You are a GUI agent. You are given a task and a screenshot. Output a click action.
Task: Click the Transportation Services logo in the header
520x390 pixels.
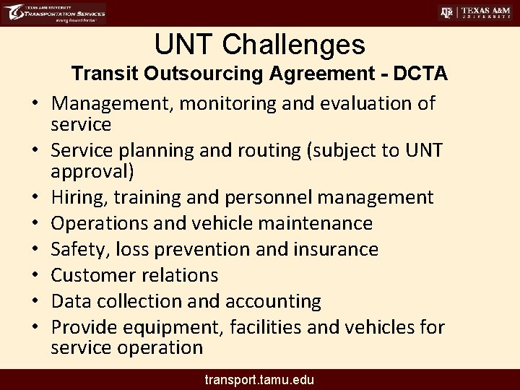point(54,14)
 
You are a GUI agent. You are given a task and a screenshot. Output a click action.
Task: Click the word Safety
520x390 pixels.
point(74,249)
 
